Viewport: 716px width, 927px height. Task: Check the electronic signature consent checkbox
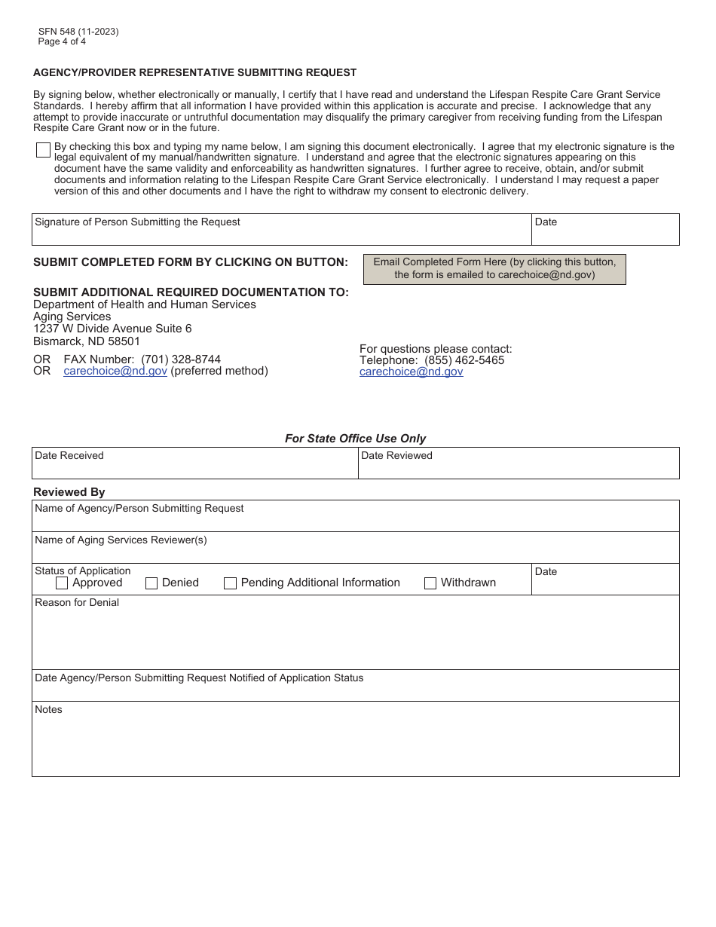(x=43, y=150)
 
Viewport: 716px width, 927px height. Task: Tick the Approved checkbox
(x=62, y=583)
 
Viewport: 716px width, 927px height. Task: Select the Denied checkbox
(x=151, y=583)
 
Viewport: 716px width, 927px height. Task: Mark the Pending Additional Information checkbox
(x=231, y=583)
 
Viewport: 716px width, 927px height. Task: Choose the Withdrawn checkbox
(x=430, y=583)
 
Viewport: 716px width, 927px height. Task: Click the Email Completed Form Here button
(x=494, y=268)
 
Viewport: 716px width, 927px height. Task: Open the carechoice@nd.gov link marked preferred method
(x=115, y=371)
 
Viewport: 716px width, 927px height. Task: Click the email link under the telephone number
(x=411, y=372)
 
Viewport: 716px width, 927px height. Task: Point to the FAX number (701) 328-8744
(x=181, y=359)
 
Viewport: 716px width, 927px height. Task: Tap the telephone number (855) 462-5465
(x=464, y=360)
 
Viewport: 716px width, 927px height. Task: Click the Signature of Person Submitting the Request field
(x=281, y=234)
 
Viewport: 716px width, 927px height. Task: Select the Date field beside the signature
(x=604, y=234)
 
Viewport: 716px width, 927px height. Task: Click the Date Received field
(x=194, y=468)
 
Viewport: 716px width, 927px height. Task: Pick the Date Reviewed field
(x=518, y=468)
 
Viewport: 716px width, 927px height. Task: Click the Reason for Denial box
(x=355, y=637)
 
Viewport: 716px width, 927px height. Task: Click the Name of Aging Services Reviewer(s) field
(x=355, y=552)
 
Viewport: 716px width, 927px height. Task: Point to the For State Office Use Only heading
(x=355, y=439)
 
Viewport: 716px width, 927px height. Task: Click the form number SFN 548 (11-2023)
(x=78, y=32)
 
